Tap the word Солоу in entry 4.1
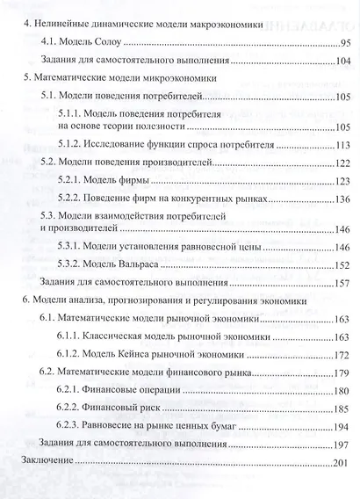[106, 42]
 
